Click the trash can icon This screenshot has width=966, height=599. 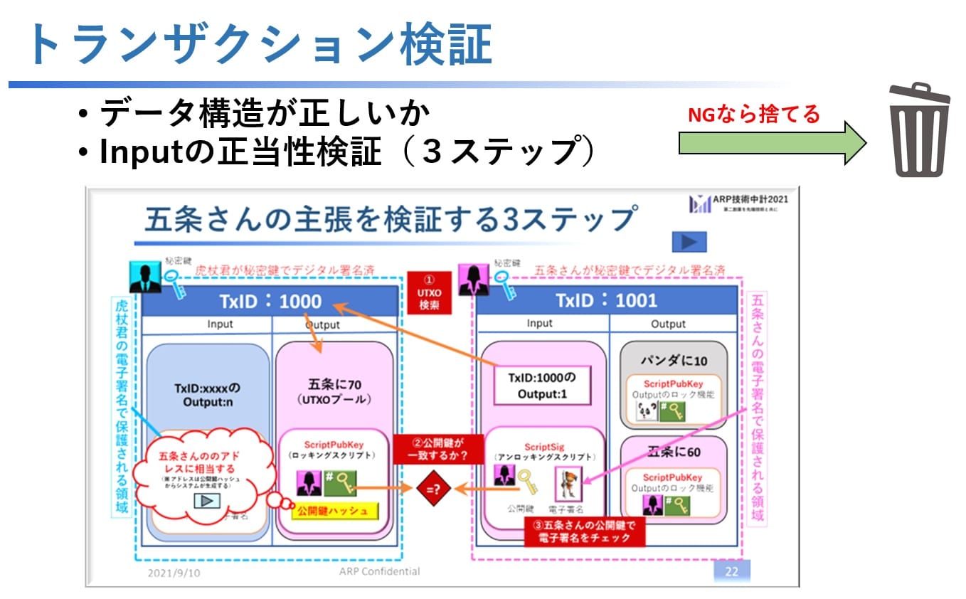[920, 130]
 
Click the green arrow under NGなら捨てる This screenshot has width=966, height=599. [772, 142]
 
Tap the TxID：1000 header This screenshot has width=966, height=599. [269, 301]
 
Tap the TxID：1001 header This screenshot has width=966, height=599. [606, 301]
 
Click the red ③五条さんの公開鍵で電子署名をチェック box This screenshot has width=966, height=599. [584, 531]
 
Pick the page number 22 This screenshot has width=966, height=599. [731, 571]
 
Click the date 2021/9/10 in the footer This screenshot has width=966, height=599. [173, 572]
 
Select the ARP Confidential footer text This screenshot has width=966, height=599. [379, 571]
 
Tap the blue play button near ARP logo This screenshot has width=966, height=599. [689, 242]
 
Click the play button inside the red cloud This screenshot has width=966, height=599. [207, 500]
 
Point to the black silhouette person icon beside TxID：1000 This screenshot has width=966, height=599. [145, 278]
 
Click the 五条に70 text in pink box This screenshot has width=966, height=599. [334, 385]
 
